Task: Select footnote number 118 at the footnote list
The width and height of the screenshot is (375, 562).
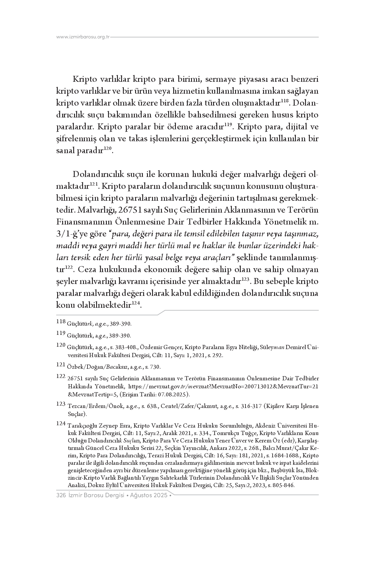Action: click(x=61, y=321)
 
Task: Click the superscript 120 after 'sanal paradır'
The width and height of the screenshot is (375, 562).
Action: click(x=107, y=148)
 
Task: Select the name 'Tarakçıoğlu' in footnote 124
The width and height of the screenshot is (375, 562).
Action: click(x=82, y=426)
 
